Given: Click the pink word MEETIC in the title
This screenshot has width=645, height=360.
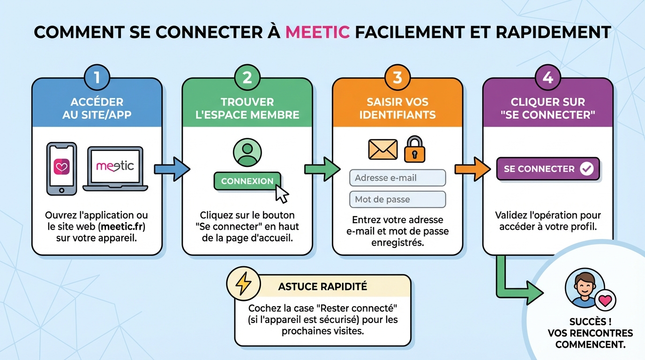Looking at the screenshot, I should (317, 32).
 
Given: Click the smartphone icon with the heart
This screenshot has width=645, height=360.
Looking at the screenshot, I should (62, 168).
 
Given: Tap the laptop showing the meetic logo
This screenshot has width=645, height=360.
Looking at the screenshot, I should (115, 169).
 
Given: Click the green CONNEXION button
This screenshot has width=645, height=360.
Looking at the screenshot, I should (247, 181).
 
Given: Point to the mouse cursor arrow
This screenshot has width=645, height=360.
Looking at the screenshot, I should (281, 194).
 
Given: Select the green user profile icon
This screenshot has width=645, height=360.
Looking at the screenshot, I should (247, 152).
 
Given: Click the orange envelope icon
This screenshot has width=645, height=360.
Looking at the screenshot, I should (383, 150).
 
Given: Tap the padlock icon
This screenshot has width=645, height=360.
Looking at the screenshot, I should (415, 149).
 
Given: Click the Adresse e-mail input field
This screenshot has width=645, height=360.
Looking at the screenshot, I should (397, 178).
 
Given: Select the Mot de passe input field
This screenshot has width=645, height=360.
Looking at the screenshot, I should (397, 200).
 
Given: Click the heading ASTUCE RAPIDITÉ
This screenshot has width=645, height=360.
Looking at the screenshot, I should (322, 286).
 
